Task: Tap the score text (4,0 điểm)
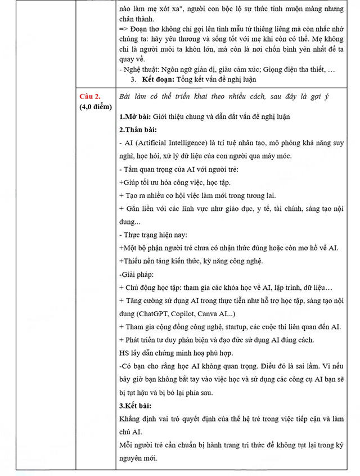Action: coord(96,106)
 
